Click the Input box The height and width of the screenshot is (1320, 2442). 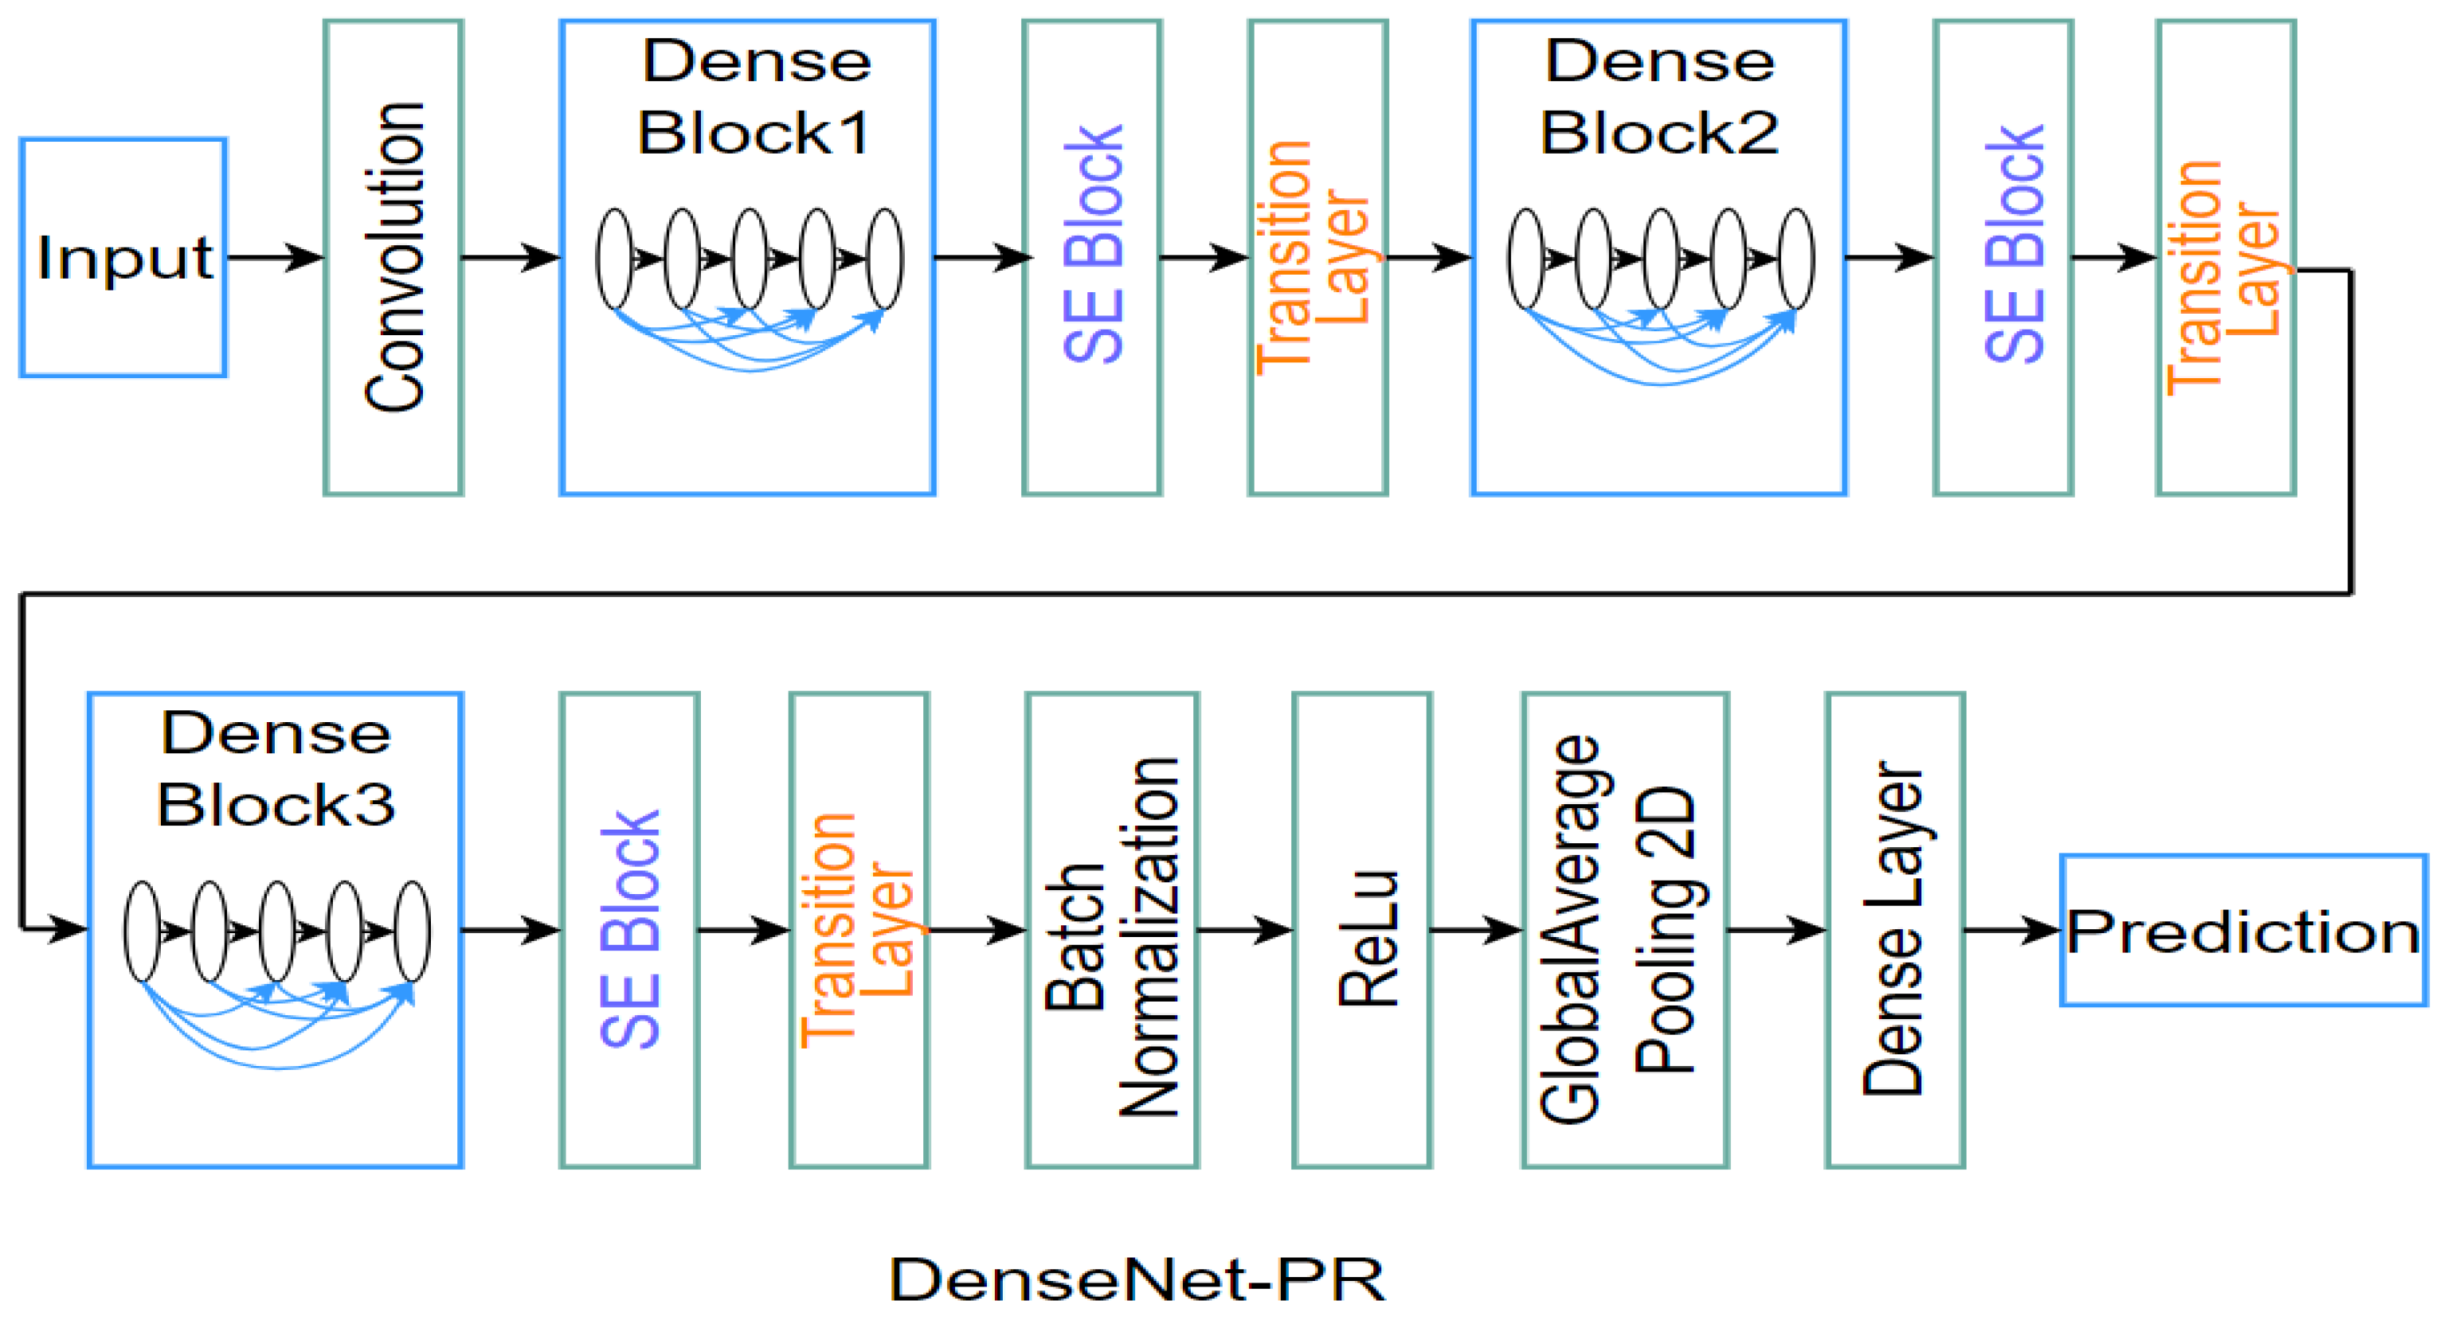tap(123, 258)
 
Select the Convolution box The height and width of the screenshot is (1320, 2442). tap(393, 258)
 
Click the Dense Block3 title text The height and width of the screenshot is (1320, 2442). tap(276, 769)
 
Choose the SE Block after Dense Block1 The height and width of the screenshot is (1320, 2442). tap(1092, 258)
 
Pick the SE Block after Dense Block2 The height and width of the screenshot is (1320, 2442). tap(2003, 258)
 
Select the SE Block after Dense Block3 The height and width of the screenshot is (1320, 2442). tap(629, 930)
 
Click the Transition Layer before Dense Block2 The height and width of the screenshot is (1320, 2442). tap(1317, 258)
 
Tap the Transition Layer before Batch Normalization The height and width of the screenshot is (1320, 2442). tap(859, 930)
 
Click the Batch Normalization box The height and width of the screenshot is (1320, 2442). tap(1112, 930)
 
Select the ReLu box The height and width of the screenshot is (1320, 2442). tap(1362, 930)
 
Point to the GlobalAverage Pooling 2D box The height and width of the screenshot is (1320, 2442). tap(1625, 930)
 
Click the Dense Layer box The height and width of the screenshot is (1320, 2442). tap(1895, 930)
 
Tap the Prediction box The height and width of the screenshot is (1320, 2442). tap(2243, 931)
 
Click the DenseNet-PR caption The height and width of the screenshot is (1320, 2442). tap(1137, 1280)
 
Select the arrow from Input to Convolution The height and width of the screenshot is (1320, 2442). tap(275, 258)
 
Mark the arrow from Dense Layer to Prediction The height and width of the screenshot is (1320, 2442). tap(2012, 930)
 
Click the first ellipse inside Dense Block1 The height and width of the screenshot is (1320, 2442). tap(614, 258)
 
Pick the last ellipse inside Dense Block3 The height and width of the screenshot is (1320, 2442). tap(413, 931)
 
